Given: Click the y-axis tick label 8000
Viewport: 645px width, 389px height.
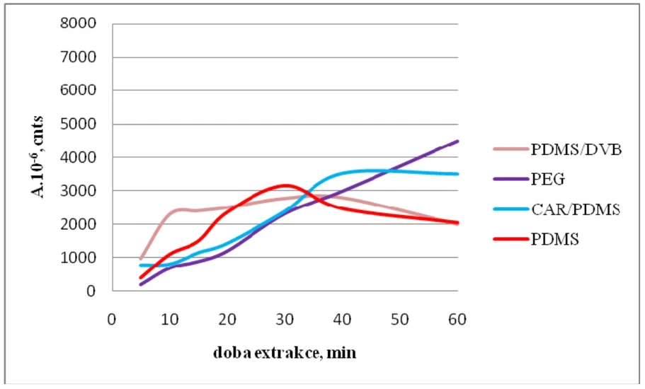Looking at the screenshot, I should (80, 24).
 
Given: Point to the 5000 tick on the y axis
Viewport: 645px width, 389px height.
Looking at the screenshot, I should (80, 124).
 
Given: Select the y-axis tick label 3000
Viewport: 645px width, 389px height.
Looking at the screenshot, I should (80, 191).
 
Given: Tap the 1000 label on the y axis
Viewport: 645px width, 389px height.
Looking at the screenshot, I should (80, 258).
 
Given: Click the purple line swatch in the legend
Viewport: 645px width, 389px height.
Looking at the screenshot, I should (510, 180).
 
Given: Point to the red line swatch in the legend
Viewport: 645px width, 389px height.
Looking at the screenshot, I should (510, 240).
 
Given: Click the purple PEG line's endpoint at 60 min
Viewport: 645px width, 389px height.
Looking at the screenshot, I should (458, 141).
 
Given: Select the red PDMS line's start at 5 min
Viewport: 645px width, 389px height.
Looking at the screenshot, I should (140, 278).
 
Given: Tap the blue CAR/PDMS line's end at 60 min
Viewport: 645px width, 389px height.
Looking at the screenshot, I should (458, 174).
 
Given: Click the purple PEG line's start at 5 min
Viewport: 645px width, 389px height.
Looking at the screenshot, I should (140, 285).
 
